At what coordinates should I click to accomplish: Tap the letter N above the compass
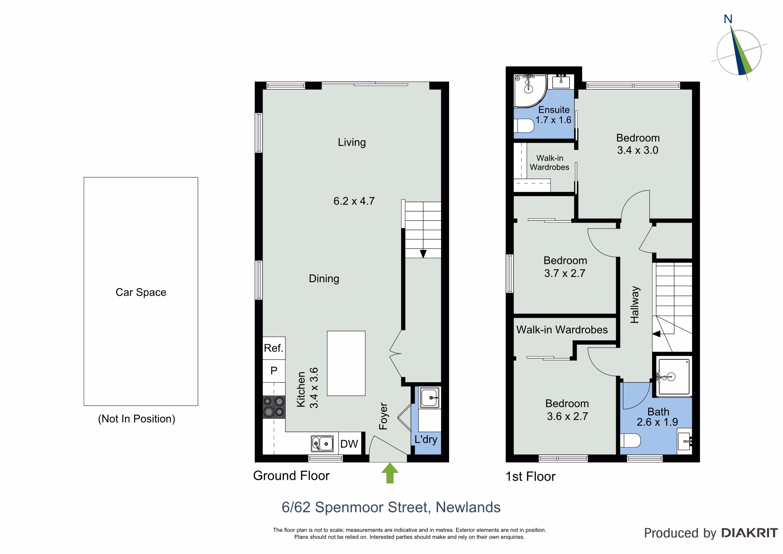tap(728, 19)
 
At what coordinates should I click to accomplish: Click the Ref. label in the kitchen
tap(273, 348)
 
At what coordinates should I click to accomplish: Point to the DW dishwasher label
tap(349, 444)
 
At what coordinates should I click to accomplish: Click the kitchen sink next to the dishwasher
tap(322, 444)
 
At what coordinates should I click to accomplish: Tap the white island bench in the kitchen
tap(346, 363)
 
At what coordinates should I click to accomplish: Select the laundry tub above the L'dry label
tap(429, 397)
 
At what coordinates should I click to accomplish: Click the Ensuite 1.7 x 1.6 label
tap(554, 115)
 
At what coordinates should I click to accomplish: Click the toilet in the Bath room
tap(630, 440)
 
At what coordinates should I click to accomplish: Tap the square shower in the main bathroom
tap(674, 377)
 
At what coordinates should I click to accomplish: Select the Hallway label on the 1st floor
tap(635, 305)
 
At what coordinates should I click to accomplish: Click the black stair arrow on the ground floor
tap(423, 254)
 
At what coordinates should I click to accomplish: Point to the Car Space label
tap(141, 293)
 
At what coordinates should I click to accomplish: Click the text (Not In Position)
tap(137, 419)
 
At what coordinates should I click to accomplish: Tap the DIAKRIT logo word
tap(750, 533)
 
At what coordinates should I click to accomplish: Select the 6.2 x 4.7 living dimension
tap(354, 201)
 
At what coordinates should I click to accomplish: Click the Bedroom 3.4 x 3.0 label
tap(638, 144)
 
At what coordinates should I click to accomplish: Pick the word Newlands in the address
tap(468, 507)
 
